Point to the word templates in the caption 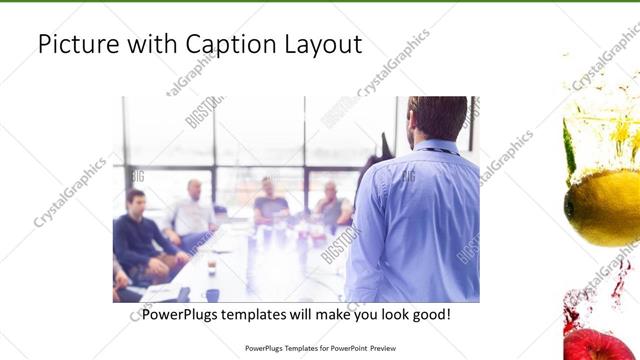pos(276,314)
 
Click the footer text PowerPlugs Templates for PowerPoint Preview pos(320,349)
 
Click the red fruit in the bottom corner pos(600,342)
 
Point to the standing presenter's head pos(438,118)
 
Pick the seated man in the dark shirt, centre pos(269,205)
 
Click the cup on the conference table pos(212,268)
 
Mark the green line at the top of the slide pos(320,2)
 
